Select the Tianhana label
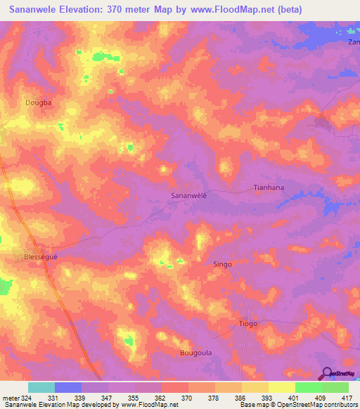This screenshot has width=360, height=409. coord(268,188)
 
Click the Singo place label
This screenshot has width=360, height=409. coord(222,264)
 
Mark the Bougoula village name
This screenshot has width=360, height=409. coord(195,353)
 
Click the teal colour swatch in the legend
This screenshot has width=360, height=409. coord(41,387)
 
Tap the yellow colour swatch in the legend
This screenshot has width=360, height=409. coord(282,387)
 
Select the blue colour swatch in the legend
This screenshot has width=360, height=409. coord(68,387)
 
